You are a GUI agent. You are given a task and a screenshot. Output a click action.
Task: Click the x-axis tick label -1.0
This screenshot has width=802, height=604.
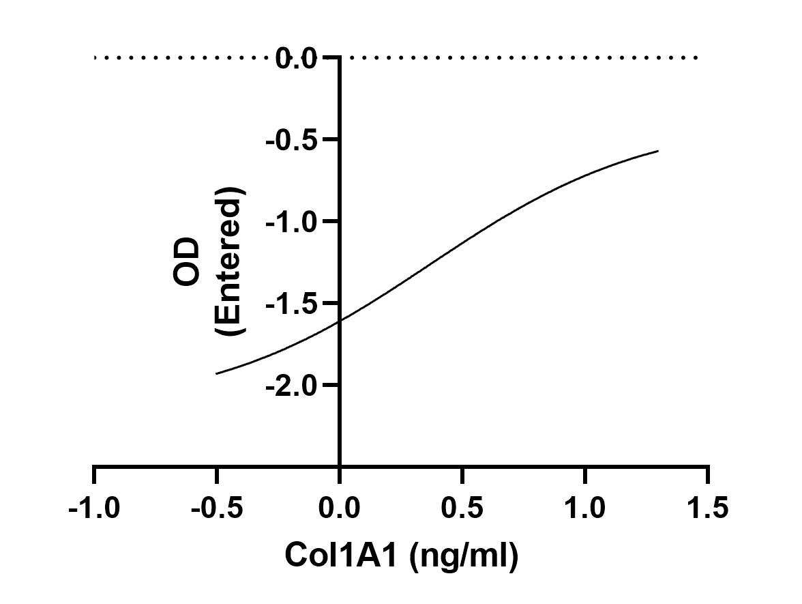click(x=93, y=508)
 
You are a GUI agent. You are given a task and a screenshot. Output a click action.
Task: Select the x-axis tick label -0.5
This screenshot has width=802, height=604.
click(x=216, y=508)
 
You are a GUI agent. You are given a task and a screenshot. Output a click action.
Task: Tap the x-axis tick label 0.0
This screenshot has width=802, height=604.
click(x=339, y=508)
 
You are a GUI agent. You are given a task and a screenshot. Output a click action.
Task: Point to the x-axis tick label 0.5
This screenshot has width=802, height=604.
click(x=462, y=508)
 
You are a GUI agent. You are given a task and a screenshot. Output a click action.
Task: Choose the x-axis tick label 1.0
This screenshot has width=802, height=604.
click(x=585, y=508)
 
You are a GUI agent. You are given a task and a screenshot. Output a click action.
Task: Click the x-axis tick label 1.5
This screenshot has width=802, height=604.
click(x=708, y=508)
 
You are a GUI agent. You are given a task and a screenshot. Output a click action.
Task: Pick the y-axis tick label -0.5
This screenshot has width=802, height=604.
click(x=291, y=140)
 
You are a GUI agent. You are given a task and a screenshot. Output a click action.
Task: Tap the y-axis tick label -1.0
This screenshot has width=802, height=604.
click(x=291, y=222)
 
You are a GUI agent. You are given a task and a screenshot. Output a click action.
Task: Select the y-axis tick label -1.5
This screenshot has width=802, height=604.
click(x=291, y=304)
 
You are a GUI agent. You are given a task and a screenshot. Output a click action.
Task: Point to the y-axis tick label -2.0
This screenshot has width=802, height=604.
click(x=291, y=386)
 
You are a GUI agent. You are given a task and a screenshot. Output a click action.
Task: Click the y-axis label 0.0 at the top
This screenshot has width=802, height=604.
click(x=297, y=58)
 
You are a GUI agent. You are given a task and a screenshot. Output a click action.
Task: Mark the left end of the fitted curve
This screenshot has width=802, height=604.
click(x=216, y=373)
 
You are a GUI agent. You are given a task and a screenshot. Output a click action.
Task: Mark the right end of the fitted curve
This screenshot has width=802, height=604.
click(x=658, y=151)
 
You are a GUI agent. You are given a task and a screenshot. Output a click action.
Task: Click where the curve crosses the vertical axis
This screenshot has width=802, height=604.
click(x=340, y=319)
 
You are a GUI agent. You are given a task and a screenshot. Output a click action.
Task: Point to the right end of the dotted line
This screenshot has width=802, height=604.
click(x=696, y=58)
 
